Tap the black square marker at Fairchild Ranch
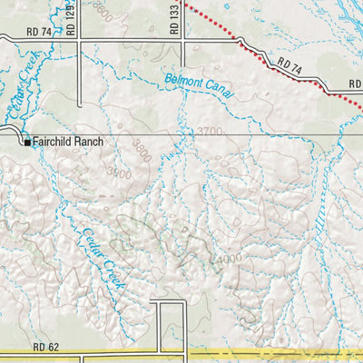27,142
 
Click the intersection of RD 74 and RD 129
79,39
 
